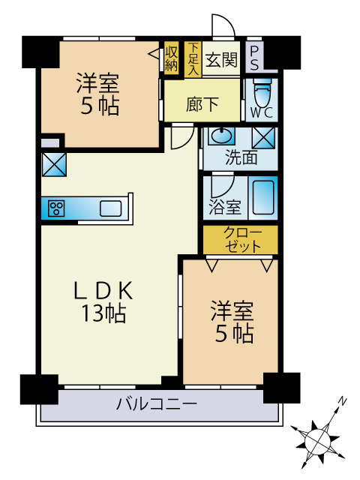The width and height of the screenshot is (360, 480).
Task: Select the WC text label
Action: click(x=261, y=113)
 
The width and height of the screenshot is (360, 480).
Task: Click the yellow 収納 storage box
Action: click(x=172, y=58)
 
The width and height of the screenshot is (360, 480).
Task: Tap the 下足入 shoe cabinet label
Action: click(x=193, y=58)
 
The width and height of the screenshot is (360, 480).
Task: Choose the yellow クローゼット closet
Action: click(x=241, y=239)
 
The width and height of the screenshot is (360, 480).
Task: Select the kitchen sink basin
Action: click(x=110, y=208)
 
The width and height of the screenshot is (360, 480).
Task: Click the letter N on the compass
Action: click(x=341, y=402)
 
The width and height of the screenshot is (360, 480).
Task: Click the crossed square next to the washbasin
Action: click(x=262, y=138)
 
